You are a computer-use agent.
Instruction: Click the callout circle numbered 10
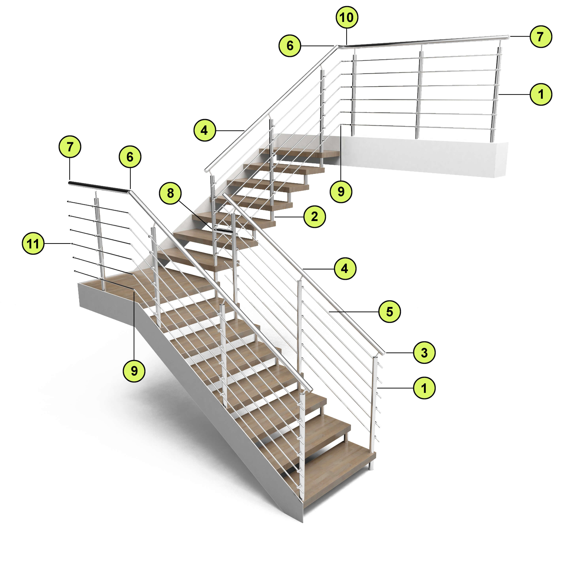(x=347, y=18)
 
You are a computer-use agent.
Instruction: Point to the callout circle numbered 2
(x=315, y=216)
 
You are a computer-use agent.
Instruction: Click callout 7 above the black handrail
(x=70, y=147)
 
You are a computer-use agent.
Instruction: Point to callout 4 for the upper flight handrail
(x=205, y=130)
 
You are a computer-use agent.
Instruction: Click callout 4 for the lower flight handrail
(x=345, y=269)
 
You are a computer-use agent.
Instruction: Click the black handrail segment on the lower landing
(x=99, y=187)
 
